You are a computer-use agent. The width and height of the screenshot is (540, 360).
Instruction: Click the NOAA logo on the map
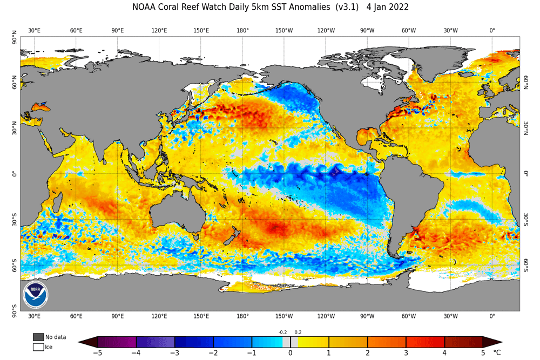click(x=36, y=295)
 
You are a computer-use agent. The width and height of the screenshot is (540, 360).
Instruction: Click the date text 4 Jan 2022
click(x=387, y=7)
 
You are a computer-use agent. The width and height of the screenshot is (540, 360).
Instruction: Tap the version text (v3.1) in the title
click(x=343, y=7)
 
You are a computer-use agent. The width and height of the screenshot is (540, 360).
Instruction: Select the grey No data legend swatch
click(x=38, y=337)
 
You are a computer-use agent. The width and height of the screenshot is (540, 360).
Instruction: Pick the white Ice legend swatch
click(x=38, y=347)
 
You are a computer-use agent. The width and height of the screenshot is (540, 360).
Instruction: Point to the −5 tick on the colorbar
click(x=98, y=353)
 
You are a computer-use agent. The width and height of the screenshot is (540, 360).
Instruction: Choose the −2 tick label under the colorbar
click(x=213, y=353)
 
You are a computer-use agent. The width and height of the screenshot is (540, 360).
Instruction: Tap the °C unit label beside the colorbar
click(x=497, y=353)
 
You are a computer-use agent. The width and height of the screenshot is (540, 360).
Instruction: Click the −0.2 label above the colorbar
click(x=282, y=332)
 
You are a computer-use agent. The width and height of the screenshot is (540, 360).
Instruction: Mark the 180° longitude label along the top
click(x=242, y=30)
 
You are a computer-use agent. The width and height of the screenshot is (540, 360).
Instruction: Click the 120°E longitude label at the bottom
click(x=159, y=316)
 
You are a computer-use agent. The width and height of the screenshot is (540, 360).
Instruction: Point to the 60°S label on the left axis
click(x=15, y=265)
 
